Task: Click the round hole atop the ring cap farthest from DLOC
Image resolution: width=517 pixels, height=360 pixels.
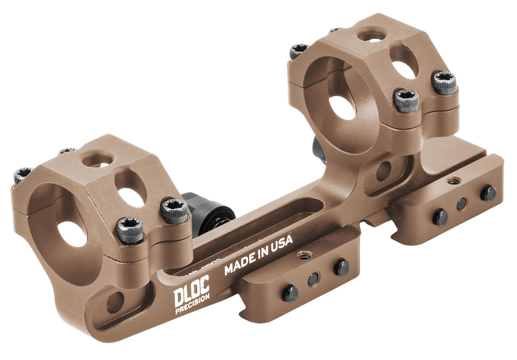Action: click(370, 35)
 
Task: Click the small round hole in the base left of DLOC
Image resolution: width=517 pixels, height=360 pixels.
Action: click(115, 303)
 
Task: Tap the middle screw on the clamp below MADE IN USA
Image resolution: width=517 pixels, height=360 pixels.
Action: click(313, 279)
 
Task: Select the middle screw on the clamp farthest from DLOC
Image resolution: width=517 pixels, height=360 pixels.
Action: click(461, 204)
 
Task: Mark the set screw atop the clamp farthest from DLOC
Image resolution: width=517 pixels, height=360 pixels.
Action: click(453, 181)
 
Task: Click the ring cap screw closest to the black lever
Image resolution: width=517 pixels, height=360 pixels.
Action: click(174, 210)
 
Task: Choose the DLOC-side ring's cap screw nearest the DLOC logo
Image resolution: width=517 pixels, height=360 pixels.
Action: click(130, 230)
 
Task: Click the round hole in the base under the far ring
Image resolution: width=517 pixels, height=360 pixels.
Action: click(384, 171)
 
